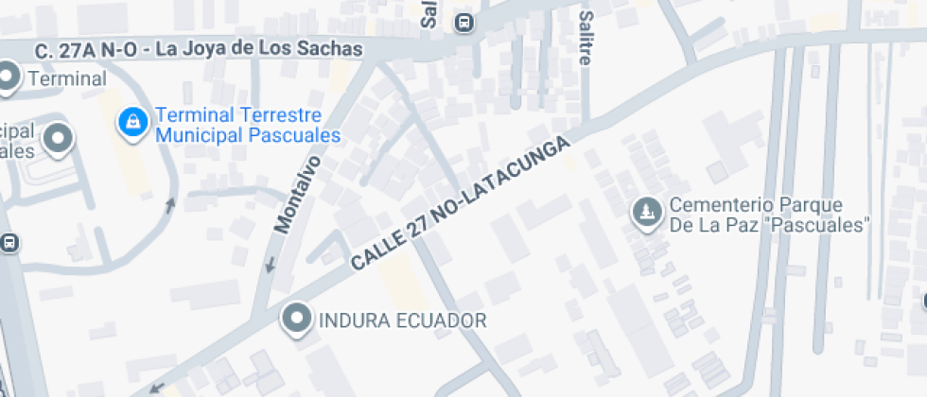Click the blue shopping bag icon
click(x=133, y=122)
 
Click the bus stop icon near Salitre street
click(x=463, y=22)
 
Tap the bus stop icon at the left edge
click(x=9, y=243)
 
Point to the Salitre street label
click(x=586, y=38)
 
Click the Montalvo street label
click(x=296, y=195)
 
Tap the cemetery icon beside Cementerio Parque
click(x=647, y=213)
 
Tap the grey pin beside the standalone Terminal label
click(x=9, y=78)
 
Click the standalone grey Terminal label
click(x=66, y=79)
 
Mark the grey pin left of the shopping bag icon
click(x=60, y=139)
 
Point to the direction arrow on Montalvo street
click(x=271, y=264)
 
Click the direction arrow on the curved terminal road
click(x=170, y=203)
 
